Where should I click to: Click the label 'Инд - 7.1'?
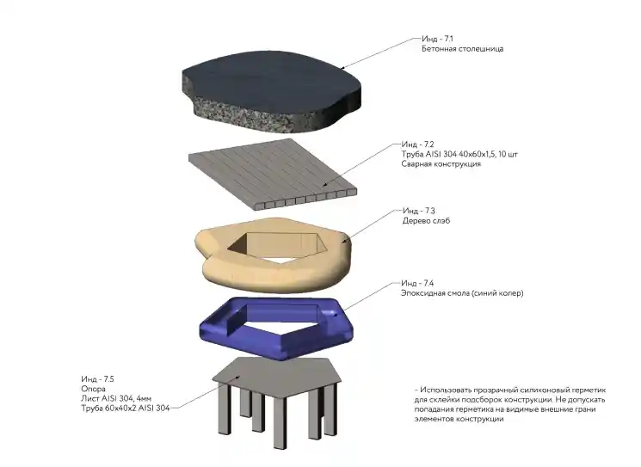pyautogui.click(x=437, y=39)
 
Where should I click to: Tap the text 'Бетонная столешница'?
pyautogui.click(x=462, y=49)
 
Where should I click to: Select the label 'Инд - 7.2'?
pyautogui.click(x=417, y=144)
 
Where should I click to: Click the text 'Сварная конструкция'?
pyautogui.click(x=441, y=164)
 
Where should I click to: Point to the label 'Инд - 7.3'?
pyautogui.click(x=419, y=211)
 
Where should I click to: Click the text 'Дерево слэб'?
pyautogui.click(x=427, y=221)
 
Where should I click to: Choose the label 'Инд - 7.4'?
pyautogui.click(x=417, y=283)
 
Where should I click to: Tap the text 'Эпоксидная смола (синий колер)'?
pyautogui.click(x=462, y=293)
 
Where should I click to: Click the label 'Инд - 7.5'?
pyautogui.click(x=97, y=379)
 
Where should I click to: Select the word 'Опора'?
pyautogui.click(x=93, y=389)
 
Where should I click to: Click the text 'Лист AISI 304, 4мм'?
pyautogui.click(x=116, y=398)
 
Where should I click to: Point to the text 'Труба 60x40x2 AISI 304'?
pyautogui.click(x=126, y=409)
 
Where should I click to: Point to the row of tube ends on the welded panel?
pyautogui.click(x=305, y=200)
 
